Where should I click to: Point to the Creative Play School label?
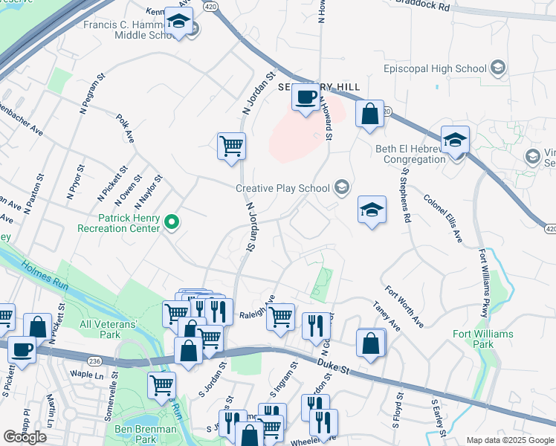pyautogui.click(x=282, y=188)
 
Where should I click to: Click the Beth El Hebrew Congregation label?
pyautogui.click(x=410, y=154)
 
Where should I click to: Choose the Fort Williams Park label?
pyautogui.click(x=483, y=339)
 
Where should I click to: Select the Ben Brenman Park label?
pyautogui.click(x=146, y=434)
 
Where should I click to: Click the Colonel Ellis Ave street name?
pyautogui.click(x=443, y=217)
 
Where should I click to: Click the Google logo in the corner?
pyautogui.click(x=25, y=436)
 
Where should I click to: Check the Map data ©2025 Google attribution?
pyautogui.click(x=508, y=440)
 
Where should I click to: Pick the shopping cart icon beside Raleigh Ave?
pyautogui.click(x=280, y=317)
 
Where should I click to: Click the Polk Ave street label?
pyautogui.click(x=125, y=128)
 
